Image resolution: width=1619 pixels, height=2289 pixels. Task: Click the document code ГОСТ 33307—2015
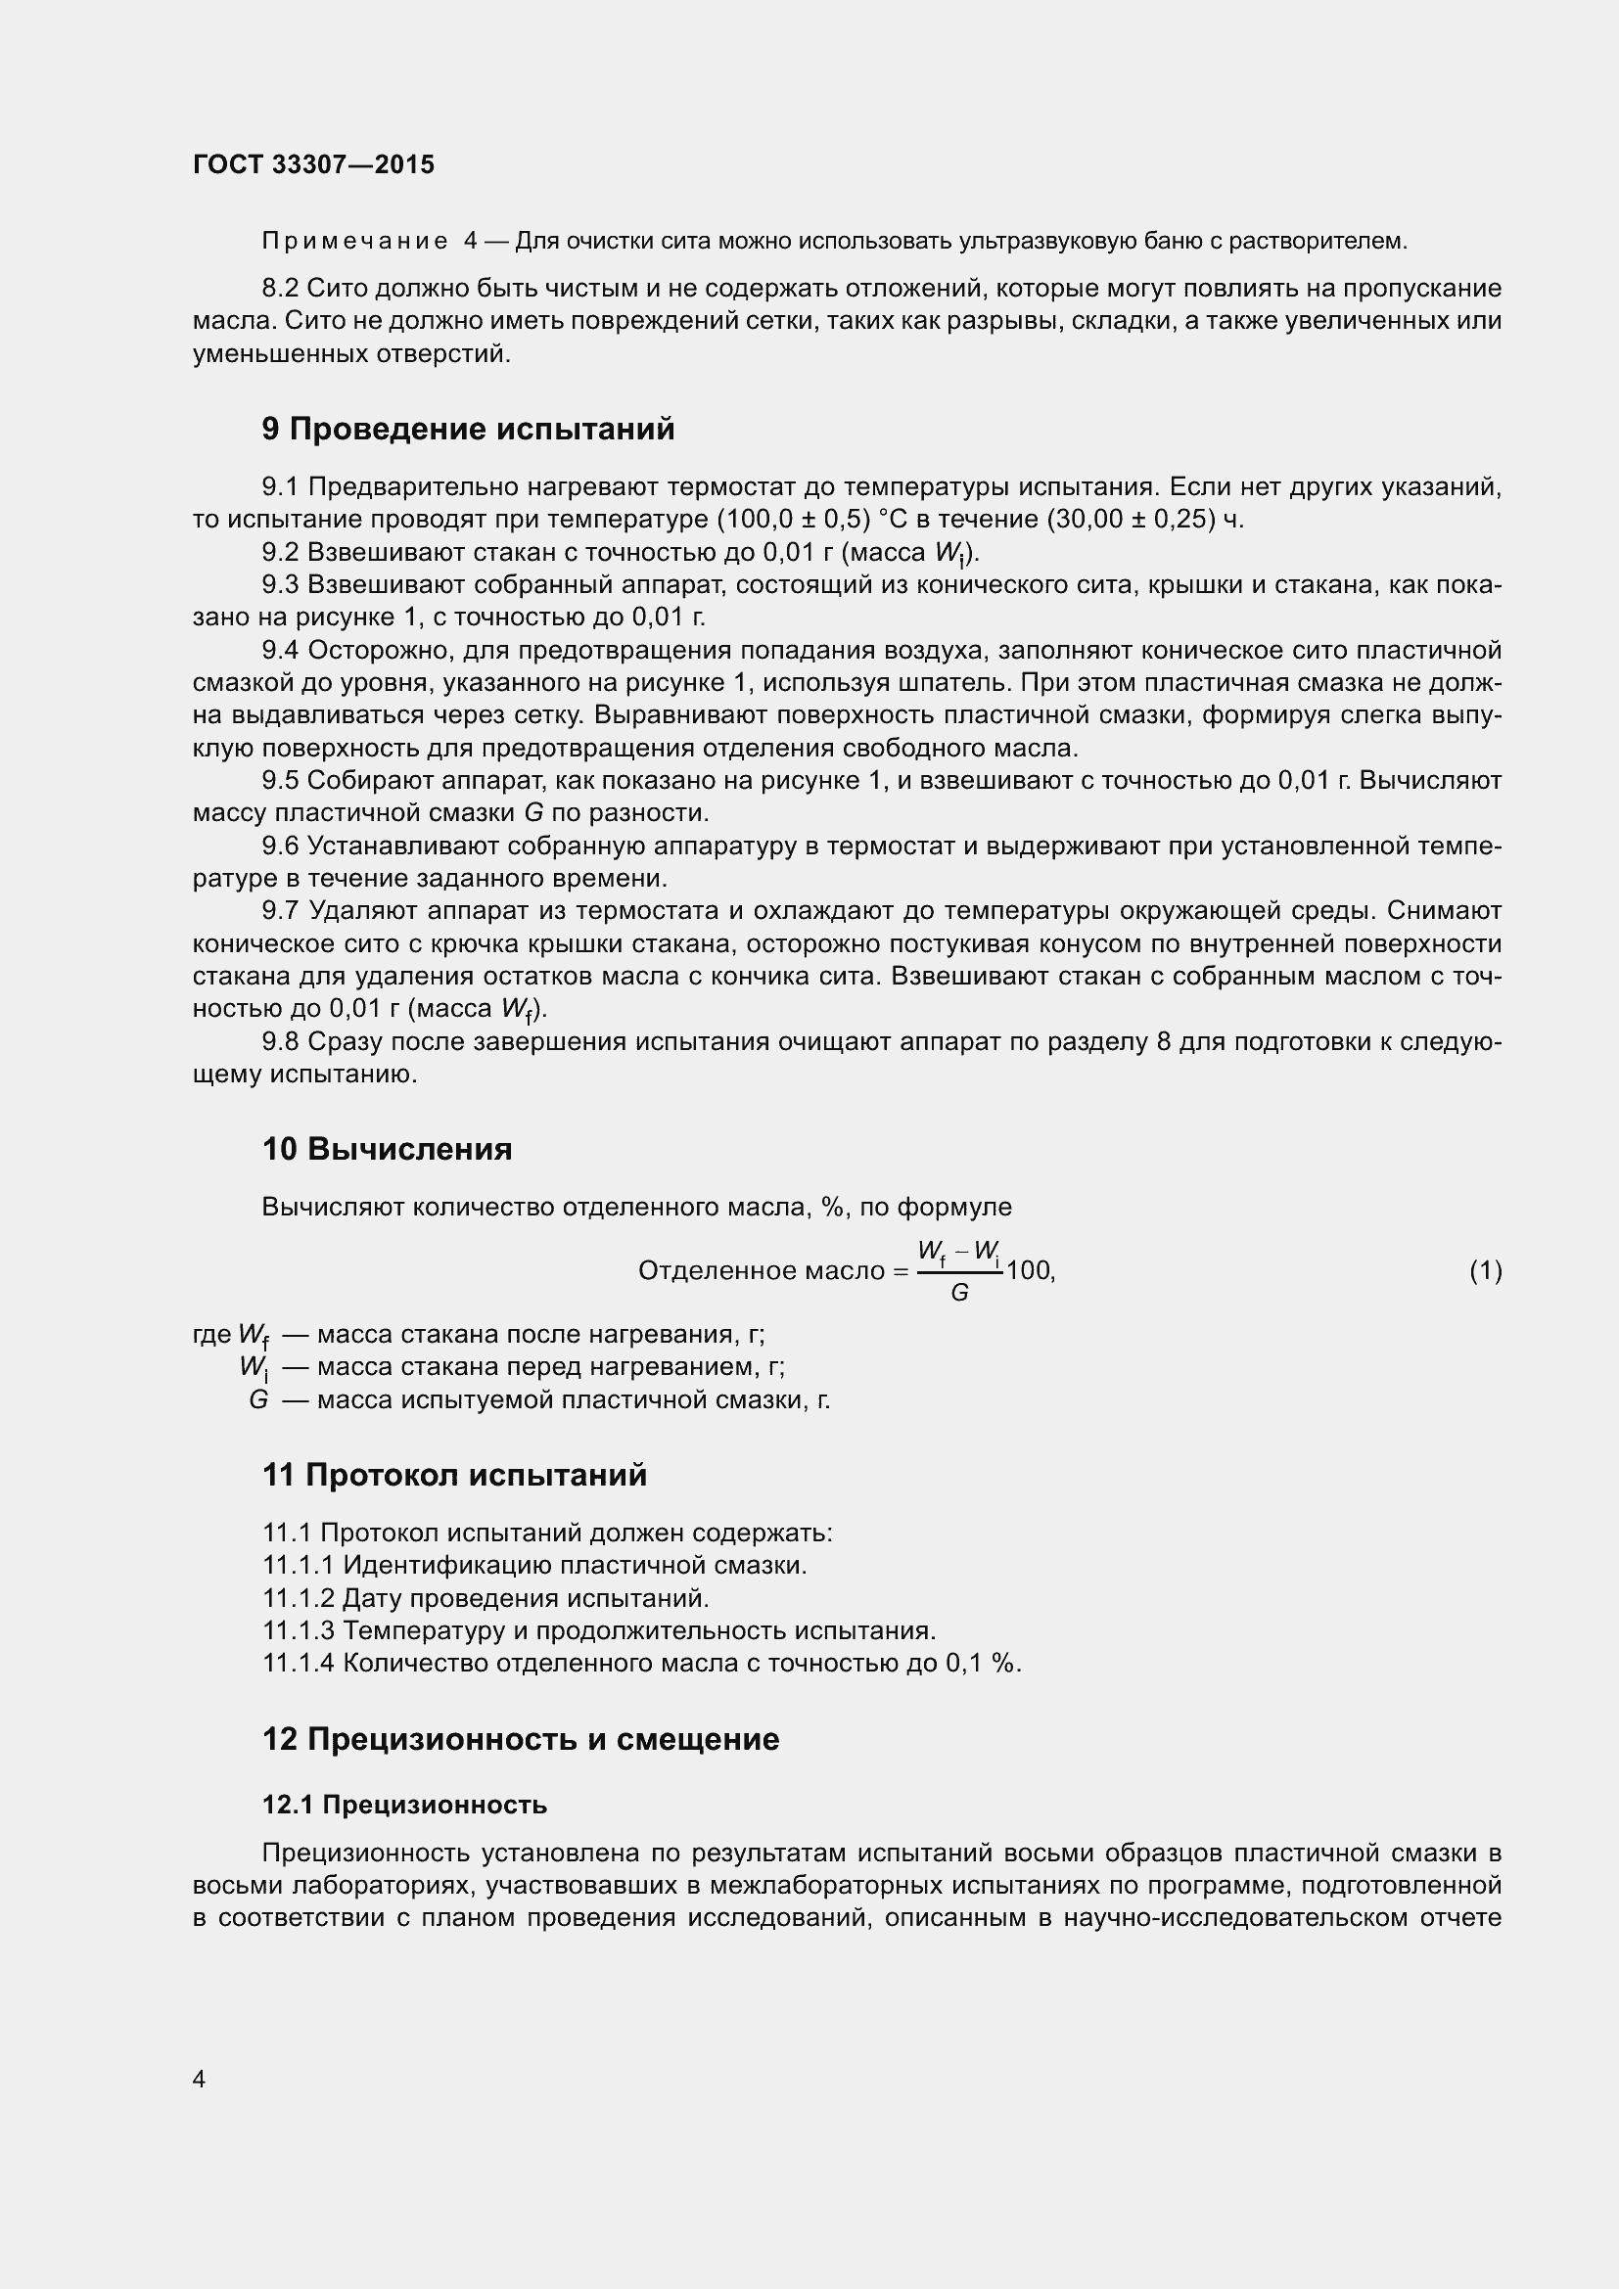(x=313, y=164)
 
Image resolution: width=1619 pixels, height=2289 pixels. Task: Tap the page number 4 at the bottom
(x=200, y=2079)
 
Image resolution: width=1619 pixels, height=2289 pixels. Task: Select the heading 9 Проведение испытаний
(x=468, y=429)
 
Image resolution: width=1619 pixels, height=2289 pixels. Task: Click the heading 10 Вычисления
(x=387, y=1149)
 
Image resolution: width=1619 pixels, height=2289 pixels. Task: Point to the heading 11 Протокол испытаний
(x=454, y=1475)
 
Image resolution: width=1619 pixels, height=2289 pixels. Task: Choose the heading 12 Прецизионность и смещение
(x=521, y=1739)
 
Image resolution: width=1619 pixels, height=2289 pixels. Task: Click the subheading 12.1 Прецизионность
(x=405, y=1805)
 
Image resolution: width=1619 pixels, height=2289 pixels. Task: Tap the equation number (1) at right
(x=1486, y=1270)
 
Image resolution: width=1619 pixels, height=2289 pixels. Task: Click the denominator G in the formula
(x=959, y=1293)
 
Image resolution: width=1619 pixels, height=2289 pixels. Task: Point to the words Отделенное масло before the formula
(x=761, y=1270)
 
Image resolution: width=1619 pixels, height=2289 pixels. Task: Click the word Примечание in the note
(x=354, y=242)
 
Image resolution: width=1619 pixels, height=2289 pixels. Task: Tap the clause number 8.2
(x=280, y=288)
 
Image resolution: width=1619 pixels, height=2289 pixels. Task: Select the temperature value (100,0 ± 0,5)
(x=795, y=520)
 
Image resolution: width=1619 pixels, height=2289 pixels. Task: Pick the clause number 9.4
(x=280, y=650)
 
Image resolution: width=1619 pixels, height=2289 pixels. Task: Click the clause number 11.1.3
(x=299, y=1630)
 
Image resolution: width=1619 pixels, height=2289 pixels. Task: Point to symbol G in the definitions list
(x=258, y=1399)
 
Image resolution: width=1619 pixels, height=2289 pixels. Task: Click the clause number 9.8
(x=280, y=1042)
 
